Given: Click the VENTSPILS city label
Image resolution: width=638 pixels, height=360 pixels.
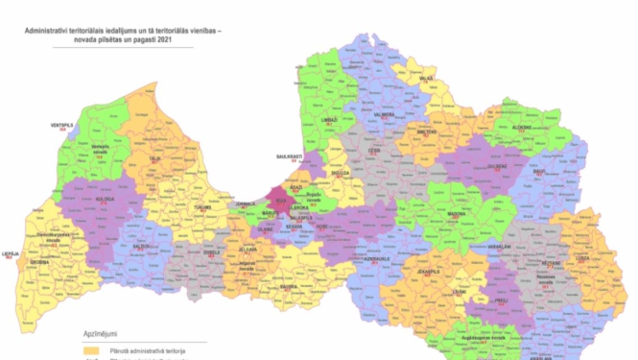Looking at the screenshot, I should coord(62,124).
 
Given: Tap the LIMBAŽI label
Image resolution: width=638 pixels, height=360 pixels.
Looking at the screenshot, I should coord(329,120).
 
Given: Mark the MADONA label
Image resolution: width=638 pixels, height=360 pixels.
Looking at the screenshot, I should coord(457,215).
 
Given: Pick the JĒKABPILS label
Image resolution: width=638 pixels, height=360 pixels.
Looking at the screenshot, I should coord(429,271).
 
